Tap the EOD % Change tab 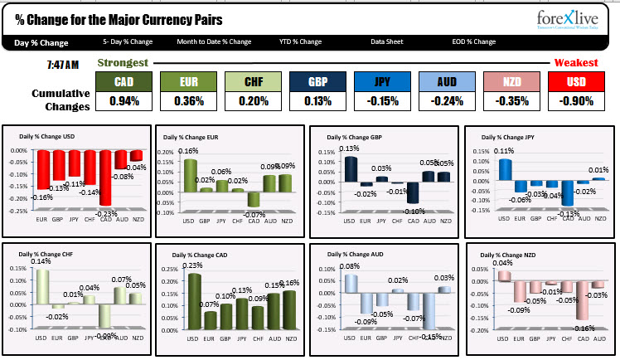coord(472,41)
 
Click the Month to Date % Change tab coord(214,41)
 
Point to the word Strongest coord(124,62)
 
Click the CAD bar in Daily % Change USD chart coord(106,178)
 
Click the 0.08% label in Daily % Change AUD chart coord(347,266)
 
